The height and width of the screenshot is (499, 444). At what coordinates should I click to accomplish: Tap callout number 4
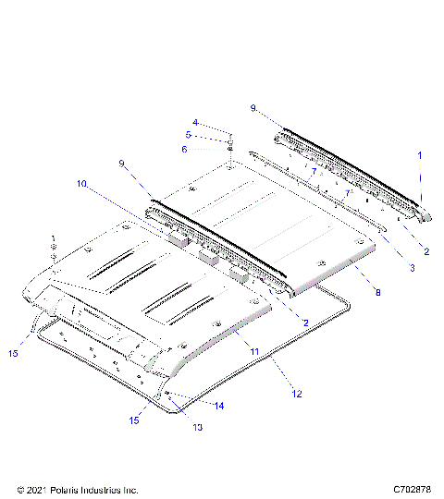click(x=195, y=122)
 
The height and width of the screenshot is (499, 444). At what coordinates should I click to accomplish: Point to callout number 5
click(x=188, y=135)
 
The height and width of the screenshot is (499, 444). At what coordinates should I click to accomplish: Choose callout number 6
click(x=184, y=149)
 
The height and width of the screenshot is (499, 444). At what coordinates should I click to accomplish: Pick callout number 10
click(x=82, y=185)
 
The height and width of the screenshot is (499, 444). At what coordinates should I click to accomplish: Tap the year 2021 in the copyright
click(x=33, y=489)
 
